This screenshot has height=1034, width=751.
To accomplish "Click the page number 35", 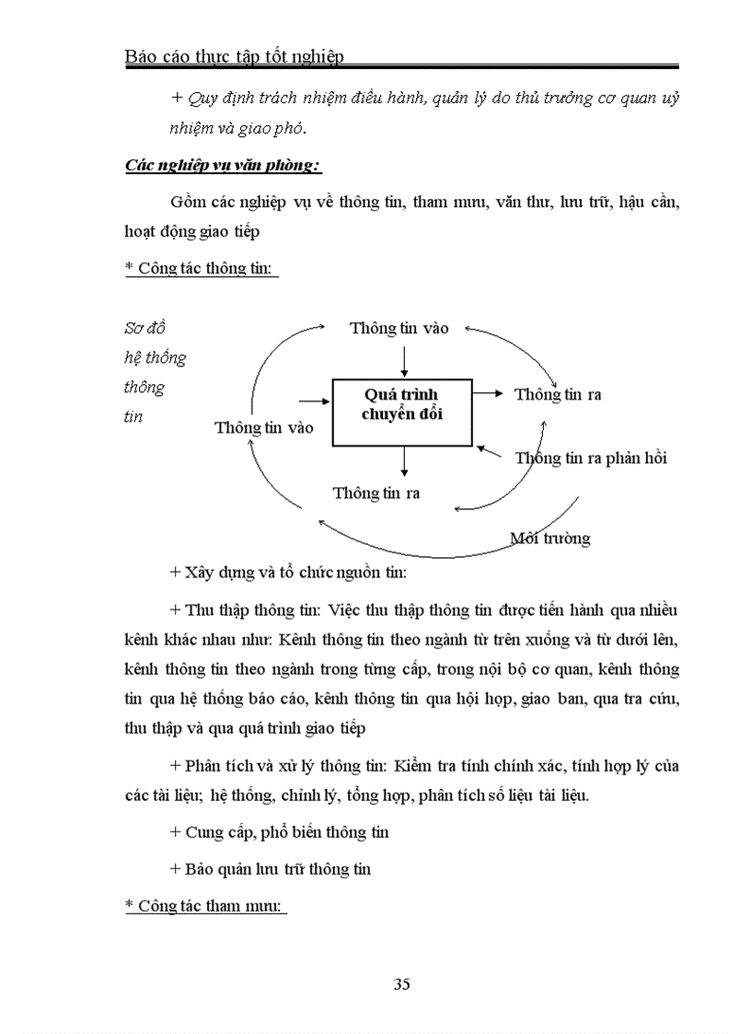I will point(401,984).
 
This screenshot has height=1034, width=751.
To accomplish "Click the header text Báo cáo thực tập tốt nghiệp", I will point(234,56).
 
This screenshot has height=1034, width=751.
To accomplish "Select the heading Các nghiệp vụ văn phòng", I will point(222,166).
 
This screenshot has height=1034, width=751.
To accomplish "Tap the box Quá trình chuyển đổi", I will point(402,412).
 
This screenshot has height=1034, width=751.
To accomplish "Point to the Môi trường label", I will point(550,539).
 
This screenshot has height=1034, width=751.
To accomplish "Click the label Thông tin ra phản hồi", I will point(591,458).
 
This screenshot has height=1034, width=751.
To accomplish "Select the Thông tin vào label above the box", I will point(399,329).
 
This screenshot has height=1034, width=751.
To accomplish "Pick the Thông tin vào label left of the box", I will point(263,427).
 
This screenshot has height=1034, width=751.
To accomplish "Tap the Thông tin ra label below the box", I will point(376,494).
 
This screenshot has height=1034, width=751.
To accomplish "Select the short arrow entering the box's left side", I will point(315,401).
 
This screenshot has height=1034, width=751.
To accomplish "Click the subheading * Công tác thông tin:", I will point(202,268).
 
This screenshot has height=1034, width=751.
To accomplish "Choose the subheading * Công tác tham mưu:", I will point(206,906).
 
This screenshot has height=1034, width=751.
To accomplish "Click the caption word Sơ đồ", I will point(144,329).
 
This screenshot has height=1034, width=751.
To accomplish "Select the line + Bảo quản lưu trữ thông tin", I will point(271,869).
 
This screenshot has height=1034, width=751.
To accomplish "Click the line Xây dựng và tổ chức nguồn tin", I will point(288,572).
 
